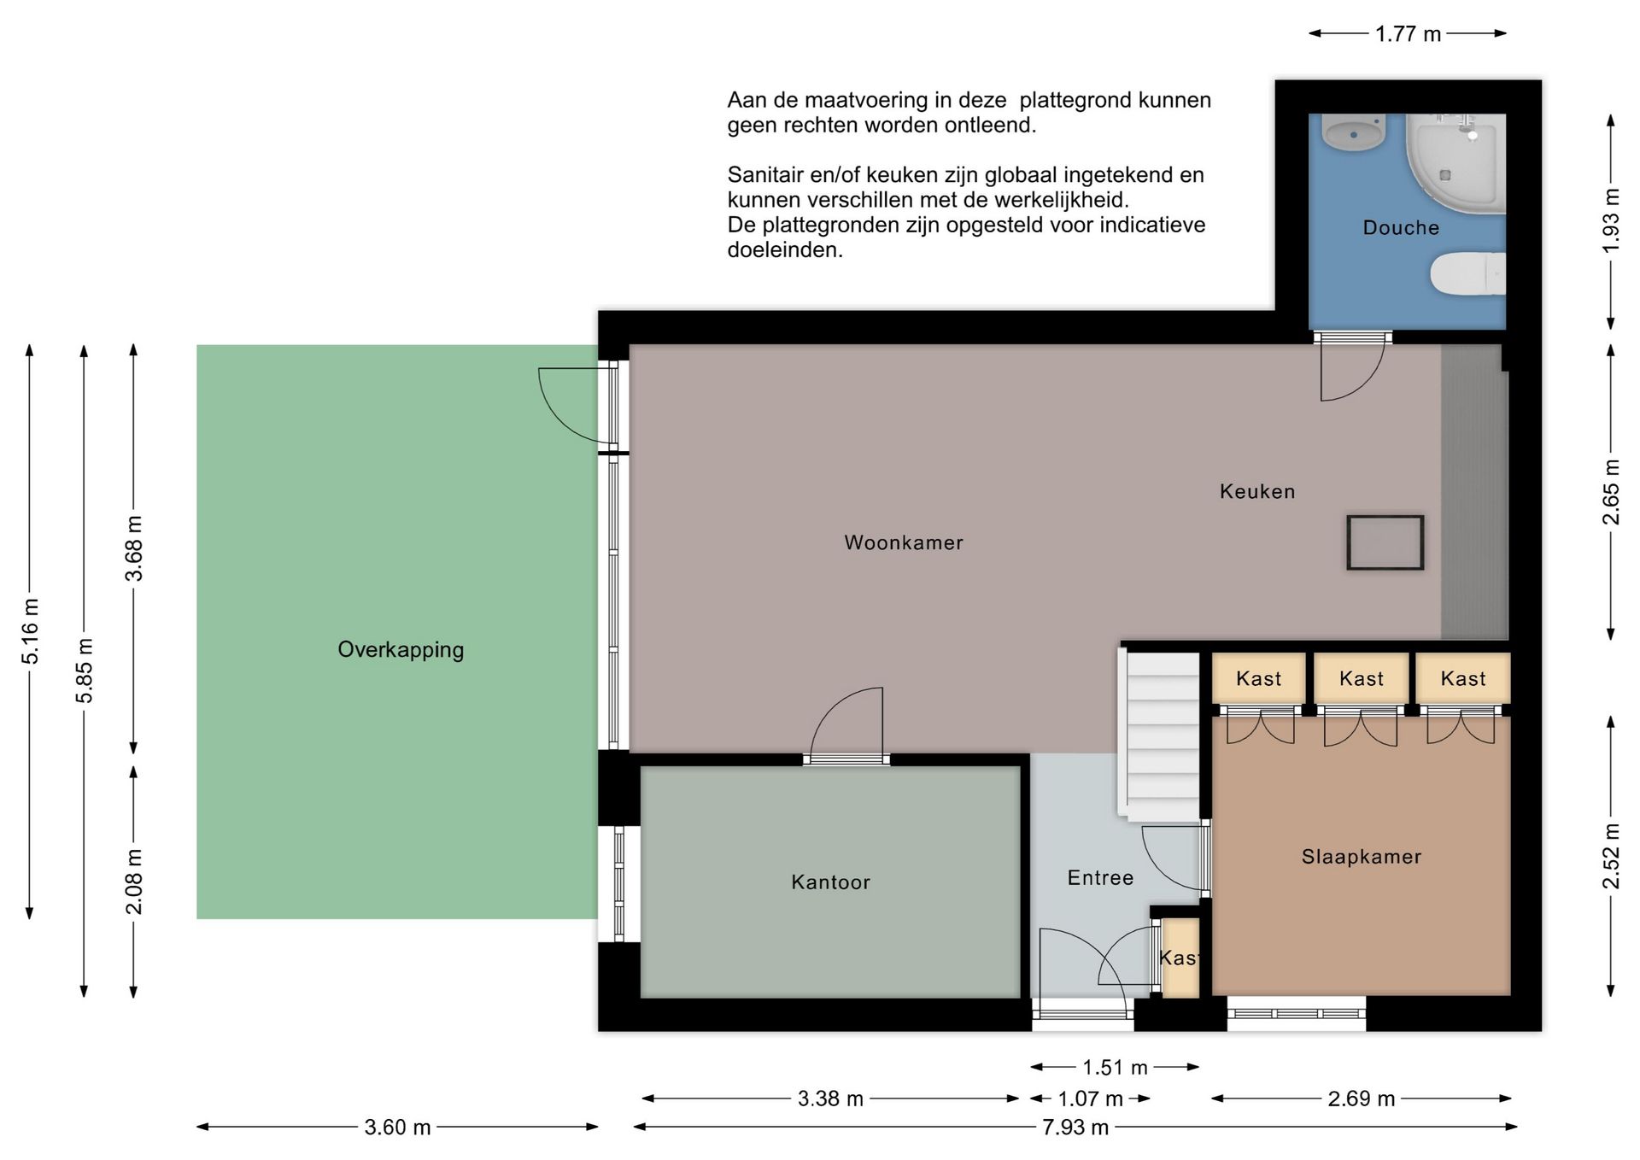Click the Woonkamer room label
coord(904,542)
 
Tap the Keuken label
coord(1257,491)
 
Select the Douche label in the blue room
coord(1401,227)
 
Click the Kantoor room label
coord(830,882)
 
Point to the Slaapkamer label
coord(1362,857)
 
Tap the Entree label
coord(1100,877)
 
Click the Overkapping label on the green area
coord(401,650)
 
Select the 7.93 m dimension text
coord(1075,1128)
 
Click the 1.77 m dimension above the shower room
coord(1408,34)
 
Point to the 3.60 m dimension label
coord(397,1128)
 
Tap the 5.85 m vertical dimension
coord(85,671)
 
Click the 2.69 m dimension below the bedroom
coord(1362,1098)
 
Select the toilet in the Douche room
coord(1467,273)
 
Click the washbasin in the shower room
coord(1353,134)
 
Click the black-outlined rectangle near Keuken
coord(1385,542)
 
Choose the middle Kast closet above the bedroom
coord(1361,678)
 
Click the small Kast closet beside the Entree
coord(1180,958)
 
